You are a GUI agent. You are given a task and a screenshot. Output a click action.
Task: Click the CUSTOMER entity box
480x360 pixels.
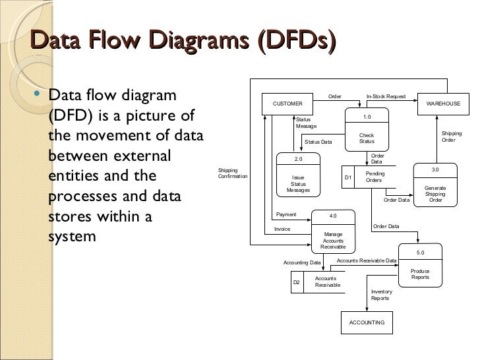pyautogui.click(x=287, y=104)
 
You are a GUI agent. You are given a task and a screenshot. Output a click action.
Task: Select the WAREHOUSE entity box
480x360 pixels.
pyautogui.click(x=443, y=104)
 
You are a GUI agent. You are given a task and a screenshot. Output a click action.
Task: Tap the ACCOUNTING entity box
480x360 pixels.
pyautogui.click(x=367, y=322)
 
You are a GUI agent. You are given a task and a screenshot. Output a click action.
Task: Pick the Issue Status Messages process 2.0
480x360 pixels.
pyautogui.click(x=297, y=175)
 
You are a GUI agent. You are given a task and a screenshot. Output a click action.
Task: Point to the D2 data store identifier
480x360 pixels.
pyautogui.click(x=296, y=282)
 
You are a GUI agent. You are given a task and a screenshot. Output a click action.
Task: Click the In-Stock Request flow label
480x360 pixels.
pyautogui.click(x=386, y=96)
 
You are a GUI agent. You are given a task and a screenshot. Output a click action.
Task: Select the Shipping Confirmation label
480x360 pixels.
pyautogui.click(x=232, y=173)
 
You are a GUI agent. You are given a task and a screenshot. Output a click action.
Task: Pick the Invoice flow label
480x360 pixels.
pyautogui.click(x=282, y=229)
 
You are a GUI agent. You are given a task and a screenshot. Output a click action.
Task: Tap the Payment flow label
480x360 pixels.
pyautogui.click(x=286, y=214)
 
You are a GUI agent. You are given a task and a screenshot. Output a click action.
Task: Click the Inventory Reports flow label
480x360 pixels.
pyautogui.click(x=381, y=295)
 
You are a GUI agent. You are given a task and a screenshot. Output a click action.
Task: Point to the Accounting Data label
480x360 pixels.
pyautogui.click(x=302, y=262)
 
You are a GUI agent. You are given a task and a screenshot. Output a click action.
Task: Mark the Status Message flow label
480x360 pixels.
pyautogui.click(x=306, y=123)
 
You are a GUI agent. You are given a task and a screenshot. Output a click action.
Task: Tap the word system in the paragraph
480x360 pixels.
pyautogui.click(x=73, y=235)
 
